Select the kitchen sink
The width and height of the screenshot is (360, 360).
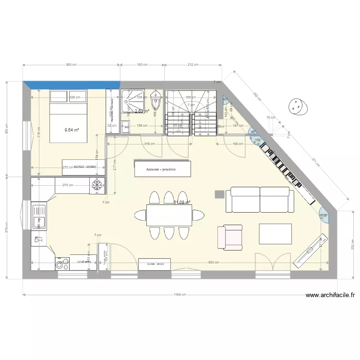(38, 216)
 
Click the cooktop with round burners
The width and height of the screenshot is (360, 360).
(61, 263)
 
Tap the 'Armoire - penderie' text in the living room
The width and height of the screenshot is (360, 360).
(162, 169)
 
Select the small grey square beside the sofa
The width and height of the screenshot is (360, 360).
(219, 194)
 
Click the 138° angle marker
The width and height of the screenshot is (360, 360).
(324, 215)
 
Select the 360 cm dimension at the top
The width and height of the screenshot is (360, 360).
(72, 64)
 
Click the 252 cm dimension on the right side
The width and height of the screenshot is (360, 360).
(353, 245)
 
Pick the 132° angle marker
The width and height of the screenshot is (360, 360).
(258, 140)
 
